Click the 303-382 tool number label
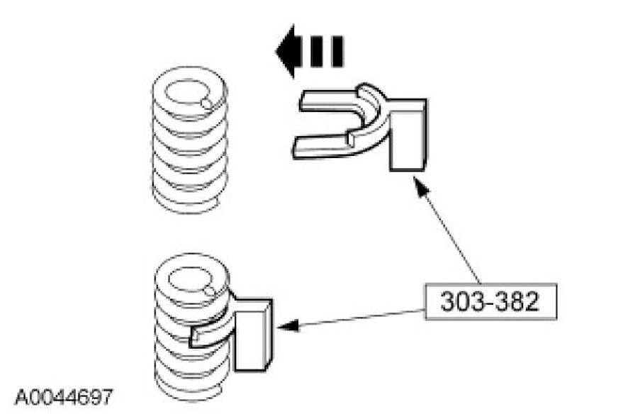[x=488, y=301]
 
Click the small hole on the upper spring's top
[x=206, y=103]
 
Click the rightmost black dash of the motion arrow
[x=337, y=51]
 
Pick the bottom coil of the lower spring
[x=188, y=386]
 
